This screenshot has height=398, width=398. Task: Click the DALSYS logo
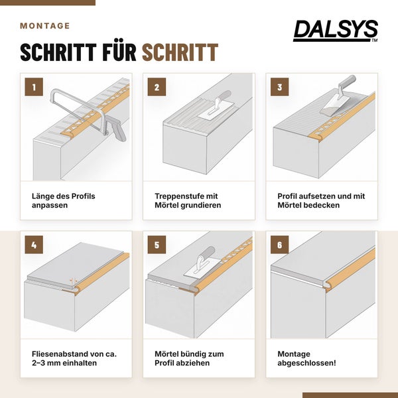tap(336, 31)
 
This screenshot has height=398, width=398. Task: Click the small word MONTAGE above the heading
tap(45, 26)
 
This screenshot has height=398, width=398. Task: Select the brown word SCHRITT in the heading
tap(180, 52)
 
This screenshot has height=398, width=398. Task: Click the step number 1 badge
tap(34, 87)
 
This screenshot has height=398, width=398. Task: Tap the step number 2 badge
tap(157, 87)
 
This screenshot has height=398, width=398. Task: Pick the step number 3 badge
tap(279, 87)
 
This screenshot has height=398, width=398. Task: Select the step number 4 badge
tap(34, 245)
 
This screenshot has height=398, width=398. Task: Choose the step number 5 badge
tap(157, 245)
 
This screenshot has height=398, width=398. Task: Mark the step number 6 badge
tap(279, 245)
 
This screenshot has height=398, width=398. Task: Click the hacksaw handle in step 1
tap(117, 129)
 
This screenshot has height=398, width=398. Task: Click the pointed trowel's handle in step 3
tap(348, 81)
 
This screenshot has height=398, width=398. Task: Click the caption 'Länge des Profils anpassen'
tap(64, 200)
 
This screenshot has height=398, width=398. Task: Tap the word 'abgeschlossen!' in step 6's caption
tap(306, 363)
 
